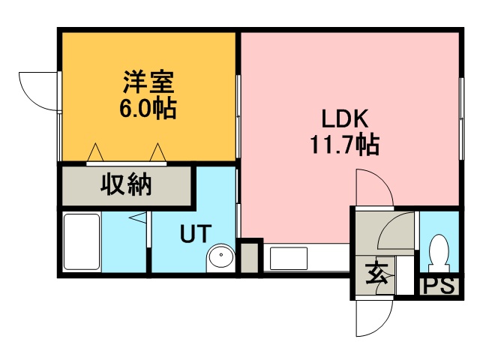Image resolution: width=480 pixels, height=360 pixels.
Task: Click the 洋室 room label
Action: pyautogui.click(x=148, y=82)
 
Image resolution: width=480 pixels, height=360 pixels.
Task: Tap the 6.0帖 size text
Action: pyautogui.click(x=148, y=108)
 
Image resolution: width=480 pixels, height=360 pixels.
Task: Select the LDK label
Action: pyautogui.click(x=344, y=118)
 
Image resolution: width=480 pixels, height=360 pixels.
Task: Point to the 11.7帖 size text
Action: pyautogui.click(x=345, y=144)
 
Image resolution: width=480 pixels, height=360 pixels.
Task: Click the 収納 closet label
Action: pyautogui.click(x=126, y=184)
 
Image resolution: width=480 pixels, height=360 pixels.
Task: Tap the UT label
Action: pyautogui.click(x=196, y=233)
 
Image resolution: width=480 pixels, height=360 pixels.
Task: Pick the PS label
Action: pyautogui.click(x=439, y=286)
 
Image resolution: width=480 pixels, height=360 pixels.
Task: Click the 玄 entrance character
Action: pyautogui.click(x=376, y=273)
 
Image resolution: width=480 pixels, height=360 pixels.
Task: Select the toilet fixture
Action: pyautogui.click(x=439, y=253)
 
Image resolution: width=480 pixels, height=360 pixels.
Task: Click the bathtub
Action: pyautogui.click(x=82, y=241)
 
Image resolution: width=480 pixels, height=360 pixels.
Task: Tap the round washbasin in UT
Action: pyautogui.click(x=220, y=257)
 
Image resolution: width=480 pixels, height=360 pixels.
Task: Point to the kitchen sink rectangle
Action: pyautogui.click(x=288, y=258)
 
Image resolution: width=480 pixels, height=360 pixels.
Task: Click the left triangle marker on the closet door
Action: pyautogui.click(x=95, y=151)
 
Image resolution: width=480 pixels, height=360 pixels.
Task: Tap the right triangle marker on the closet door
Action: pyautogui.click(x=158, y=151)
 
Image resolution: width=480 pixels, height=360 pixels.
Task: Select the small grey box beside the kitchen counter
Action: pyautogui.click(x=250, y=258)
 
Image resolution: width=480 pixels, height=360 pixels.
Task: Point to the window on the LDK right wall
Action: pyautogui.click(x=461, y=118)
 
